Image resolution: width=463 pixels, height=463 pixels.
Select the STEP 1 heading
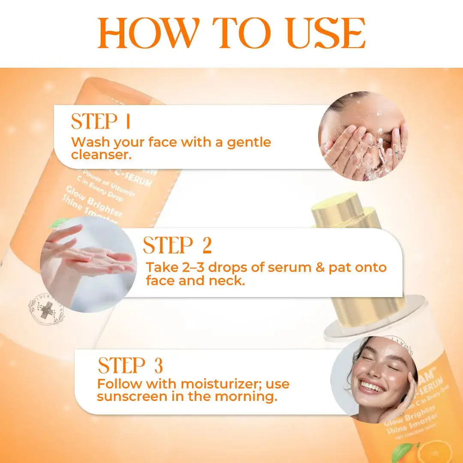coord(101,122)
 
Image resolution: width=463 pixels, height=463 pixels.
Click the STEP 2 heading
coord(177,246)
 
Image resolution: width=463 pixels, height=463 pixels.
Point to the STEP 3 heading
coord(130,366)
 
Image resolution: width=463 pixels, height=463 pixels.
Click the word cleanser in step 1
coord(100,155)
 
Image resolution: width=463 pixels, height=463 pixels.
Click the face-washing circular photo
coord(363,136)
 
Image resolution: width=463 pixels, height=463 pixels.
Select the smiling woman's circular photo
coord(374,379)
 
